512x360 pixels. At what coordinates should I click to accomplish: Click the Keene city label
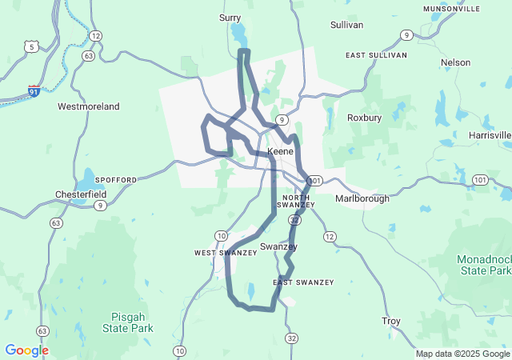coord(281,151)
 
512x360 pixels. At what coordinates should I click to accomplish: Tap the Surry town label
coord(230,17)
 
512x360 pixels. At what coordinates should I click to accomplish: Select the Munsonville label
coord(452,9)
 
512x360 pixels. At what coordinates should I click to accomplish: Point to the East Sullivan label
coord(376,55)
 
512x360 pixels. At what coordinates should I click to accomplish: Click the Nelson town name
coord(455,62)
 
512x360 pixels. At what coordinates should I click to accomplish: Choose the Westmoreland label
coord(88,106)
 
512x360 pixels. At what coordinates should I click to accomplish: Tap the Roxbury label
coord(365,118)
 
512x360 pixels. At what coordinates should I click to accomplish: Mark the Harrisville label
coord(490,135)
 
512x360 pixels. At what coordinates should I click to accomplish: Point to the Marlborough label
coord(362,198)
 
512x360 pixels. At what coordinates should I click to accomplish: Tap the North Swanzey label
coord(295,201)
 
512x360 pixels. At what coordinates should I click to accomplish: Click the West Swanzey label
coord(226,253)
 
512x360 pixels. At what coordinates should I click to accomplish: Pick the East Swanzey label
coord(303,282)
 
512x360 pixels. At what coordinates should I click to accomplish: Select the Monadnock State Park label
coord(483,266)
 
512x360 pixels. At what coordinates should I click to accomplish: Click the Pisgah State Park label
coord(127,322)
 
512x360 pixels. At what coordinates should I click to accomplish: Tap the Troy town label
coord(390,322)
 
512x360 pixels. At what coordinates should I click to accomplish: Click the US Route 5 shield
coord(32,47)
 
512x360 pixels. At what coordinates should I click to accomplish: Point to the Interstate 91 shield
coord(34,92)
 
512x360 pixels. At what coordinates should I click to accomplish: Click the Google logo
coord(26,350)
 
